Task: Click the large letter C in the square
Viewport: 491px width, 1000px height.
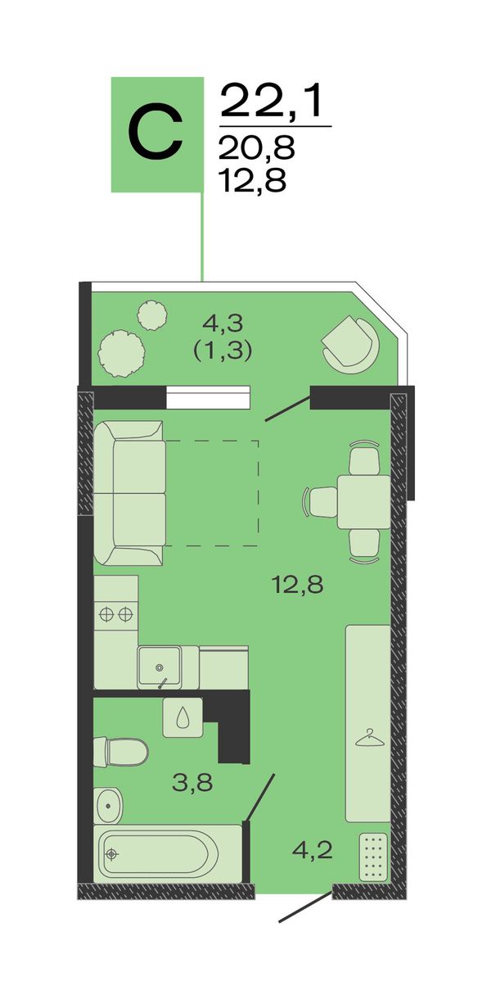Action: coord(155,131)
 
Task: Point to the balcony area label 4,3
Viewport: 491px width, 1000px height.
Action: coord(223,323)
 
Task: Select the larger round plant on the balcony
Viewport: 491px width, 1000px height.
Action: coord(121,354)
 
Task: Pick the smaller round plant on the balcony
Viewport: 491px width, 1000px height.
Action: coord(152,315)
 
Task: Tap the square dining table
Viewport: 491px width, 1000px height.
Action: coord(363,502)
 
